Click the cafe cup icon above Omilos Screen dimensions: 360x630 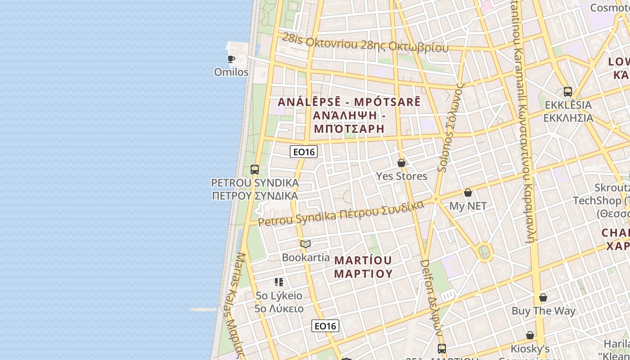pyautogui.click(x=231, y=59)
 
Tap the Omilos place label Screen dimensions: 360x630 pyautogui.click(x=231, y=72)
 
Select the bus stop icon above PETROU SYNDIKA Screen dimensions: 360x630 pyautogui.click(x=255, y=170)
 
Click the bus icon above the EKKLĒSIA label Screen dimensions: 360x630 pyautogui.click(x=568, y=92)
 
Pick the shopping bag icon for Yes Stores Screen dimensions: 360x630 pyautogui.click(x=401, y=163)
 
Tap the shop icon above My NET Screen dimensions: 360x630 pyautogui.click(x=468, y=193)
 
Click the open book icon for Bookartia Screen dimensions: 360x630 pyautogui.click(x=306, y=244)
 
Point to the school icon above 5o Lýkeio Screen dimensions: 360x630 pyautogui.click(x=279, y=282)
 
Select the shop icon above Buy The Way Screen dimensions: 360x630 pyautogui.click(x=543, y=297)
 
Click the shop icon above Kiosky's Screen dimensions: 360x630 pyautogui.click(x=530, y=335)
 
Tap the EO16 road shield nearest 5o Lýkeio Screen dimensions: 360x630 pyautogui.click(x=325, y=326)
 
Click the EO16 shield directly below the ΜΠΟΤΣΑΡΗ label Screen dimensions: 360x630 pyautogui.click(x=304, y=152)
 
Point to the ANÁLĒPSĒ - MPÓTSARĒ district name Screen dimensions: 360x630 pyautogui.click(x=349, y=102)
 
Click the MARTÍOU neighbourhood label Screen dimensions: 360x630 pyautogui.click(x=363, y=261)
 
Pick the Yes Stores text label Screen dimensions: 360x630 pyautogui.click(x=401, y=176)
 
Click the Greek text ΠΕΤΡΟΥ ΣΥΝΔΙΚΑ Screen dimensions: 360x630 pyautogui.click(x=255, y=196)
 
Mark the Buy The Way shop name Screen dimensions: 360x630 pyautogui.click(x=543, y=310)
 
